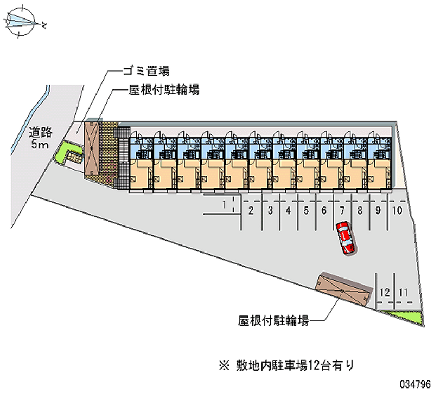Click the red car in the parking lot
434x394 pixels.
click(344, 238)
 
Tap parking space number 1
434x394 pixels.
click(224, 204)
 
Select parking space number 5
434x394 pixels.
click(306, 211)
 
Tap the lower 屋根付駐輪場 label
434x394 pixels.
click(273, 321)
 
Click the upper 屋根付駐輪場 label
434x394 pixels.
click(164, 90)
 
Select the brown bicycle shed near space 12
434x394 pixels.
click(343, 289)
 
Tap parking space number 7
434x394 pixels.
click(342, 211)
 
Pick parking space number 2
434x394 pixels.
click(251, 211)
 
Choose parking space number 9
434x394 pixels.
click(378, 211)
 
